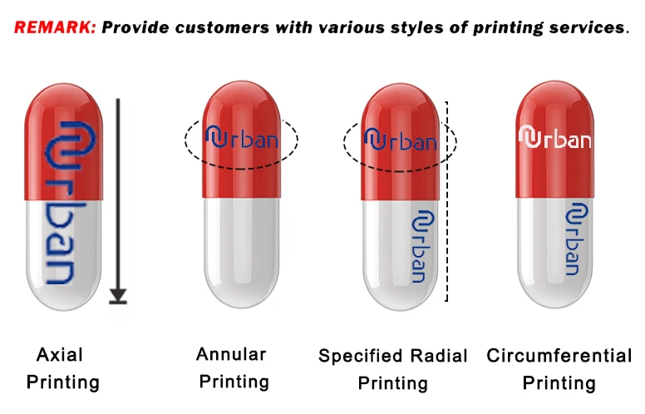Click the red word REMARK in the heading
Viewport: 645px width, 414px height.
(54, 27)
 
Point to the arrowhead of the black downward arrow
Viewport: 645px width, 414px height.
(118, 293)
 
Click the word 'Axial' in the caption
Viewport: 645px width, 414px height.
(60, 355)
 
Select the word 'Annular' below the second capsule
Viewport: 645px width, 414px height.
(231, 354)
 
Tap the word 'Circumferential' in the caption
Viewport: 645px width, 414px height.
(559, 356)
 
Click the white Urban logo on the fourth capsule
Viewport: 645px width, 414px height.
(555, 137)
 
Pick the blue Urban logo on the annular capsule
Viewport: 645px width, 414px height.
(241, 137)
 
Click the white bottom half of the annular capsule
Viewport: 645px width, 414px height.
(240, 249)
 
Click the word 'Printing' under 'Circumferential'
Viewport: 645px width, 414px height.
(559, 383)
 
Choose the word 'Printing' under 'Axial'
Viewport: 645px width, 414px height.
(63, 382)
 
